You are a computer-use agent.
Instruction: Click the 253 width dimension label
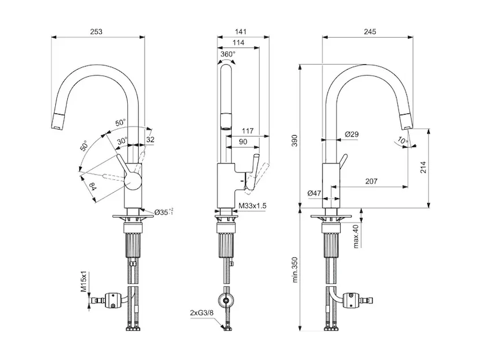pos(96,32)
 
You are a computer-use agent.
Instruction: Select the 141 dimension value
pos(241,32)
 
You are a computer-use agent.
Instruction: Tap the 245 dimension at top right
pos(370,32)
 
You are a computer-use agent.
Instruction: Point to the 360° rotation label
pos(228,54)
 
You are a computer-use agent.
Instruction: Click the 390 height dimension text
pos(294,140)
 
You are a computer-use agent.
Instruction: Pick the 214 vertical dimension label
pos(424,167)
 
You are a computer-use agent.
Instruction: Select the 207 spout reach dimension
pos(371,181)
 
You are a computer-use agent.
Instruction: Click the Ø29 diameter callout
pos(352,134)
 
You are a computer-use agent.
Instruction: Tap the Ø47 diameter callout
pos(314,193)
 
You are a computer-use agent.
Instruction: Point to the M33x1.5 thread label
pos(253,205)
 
